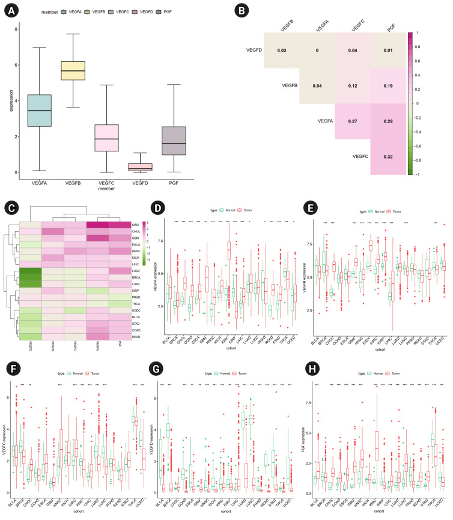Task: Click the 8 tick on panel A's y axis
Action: (18, 28)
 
